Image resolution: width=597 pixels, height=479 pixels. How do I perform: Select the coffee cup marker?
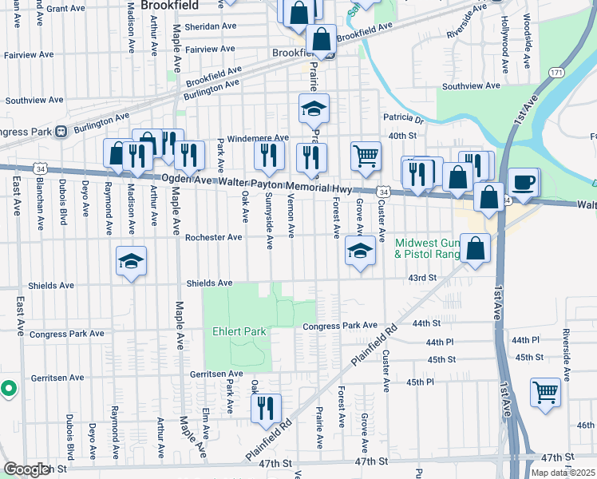click(524, 182)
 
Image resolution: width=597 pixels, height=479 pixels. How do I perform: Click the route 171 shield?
click(556, 73)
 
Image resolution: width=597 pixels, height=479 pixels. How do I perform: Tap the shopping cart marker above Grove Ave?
click(366, 156)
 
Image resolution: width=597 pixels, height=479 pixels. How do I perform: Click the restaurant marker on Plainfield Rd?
click(266, 408)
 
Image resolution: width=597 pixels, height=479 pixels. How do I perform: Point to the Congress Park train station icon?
click(60, 132)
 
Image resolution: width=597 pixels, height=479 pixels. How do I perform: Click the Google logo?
click(26, 469)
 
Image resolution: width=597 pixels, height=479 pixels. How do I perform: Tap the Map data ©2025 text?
click(563, 473)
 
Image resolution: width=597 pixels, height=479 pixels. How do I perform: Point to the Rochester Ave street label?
click(213, 237)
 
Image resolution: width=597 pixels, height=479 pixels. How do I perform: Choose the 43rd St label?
click(422, 278)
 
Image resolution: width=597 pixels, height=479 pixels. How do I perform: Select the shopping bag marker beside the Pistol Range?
click(475, 249)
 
